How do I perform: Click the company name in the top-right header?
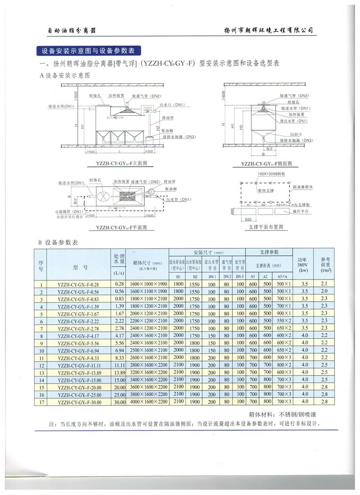pos(269,30)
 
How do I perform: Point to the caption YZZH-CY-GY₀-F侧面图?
pos(266,163)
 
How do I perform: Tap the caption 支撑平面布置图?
pos(267,227)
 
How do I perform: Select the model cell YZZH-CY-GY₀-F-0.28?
pos(78,285)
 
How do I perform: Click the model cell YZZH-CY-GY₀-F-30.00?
pos(78,402)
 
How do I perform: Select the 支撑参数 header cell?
pos(269,252)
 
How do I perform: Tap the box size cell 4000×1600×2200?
pos(147,402)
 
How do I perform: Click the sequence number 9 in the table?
pos(41,343)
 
